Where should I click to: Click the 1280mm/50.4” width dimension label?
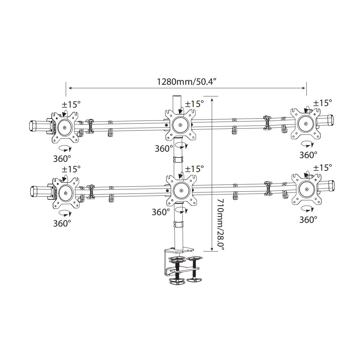[x=187, y=82]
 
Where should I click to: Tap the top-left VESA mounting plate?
[x=64, y=127]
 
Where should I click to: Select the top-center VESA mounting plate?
[x=180, y=125]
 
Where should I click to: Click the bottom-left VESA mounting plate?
[x=66, y=193]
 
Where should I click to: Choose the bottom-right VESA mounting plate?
[x=306, y=190]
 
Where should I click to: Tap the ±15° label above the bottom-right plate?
[x=322, y=167]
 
